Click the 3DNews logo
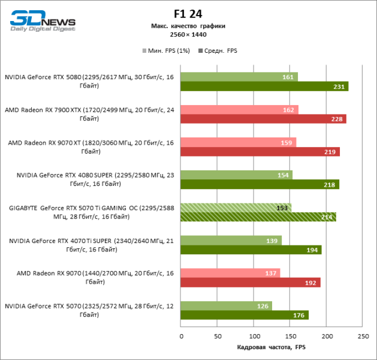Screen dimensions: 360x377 coord(41,20)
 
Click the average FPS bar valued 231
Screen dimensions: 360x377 coord(264,86)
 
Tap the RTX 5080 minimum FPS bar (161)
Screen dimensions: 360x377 coord(239,77)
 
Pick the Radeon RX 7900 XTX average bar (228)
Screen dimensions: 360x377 coord(263,119)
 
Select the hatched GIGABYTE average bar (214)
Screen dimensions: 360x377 coord(258,217)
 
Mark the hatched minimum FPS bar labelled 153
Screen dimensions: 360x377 coord(236,208)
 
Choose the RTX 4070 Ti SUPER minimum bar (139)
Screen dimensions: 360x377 coord(231,240)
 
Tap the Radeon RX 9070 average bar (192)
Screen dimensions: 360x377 coord(250,282)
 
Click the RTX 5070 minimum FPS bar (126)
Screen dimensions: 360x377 coord(226,305)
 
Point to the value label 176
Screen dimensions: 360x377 coord(299,315)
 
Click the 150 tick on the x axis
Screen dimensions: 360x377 coord(290,337)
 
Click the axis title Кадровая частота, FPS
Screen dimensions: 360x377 coord(272,347)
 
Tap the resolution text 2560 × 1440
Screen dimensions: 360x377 coord(188,34)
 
